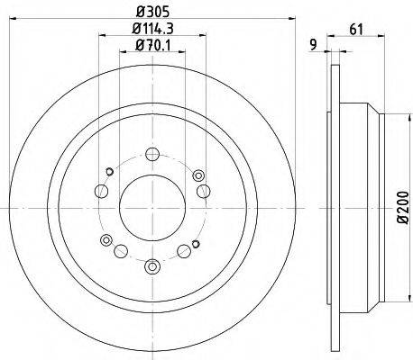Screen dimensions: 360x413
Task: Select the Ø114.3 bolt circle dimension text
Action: [151, 31]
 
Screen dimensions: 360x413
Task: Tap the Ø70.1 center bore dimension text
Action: [151, 47]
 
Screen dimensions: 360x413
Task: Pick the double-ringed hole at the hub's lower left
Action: [106, 239]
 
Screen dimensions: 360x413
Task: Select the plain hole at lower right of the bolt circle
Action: [185, 252]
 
